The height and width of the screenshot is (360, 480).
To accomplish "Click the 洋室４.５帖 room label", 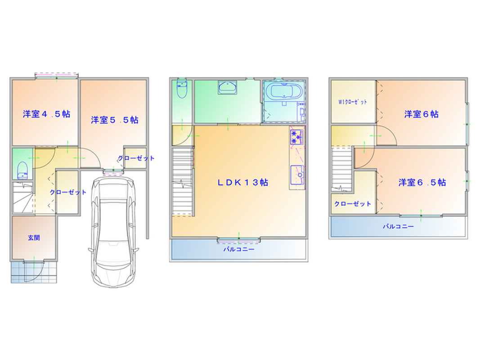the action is [46, 114].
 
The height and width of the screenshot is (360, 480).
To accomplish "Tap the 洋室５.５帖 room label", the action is [115, 120].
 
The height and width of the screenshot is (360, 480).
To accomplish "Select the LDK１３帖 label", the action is [243, 182].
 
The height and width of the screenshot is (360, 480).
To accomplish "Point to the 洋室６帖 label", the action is [421, 114].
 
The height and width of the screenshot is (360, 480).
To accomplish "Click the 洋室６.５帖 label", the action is [422, 182].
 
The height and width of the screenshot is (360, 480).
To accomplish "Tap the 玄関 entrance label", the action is [34, 238].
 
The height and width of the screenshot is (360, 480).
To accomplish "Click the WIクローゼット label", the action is [352, 102].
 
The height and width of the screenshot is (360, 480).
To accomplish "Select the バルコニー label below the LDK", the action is [239, 249].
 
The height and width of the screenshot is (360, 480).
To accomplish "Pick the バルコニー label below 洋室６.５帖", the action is [398, 226].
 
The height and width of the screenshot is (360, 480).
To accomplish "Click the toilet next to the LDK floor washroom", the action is [182, 88].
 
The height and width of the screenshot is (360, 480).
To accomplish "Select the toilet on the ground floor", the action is [22, 170].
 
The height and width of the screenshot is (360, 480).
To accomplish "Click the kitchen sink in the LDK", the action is [296, 175].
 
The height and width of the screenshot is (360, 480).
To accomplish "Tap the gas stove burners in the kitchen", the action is [296, 137].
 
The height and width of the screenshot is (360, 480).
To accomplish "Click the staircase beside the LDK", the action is [183, 182].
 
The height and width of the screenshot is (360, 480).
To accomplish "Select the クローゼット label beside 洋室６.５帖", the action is [353, 204].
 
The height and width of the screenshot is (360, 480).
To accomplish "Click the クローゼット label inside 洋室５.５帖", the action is [136, 158].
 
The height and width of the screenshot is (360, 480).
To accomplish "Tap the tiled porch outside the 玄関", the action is [34, 272].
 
